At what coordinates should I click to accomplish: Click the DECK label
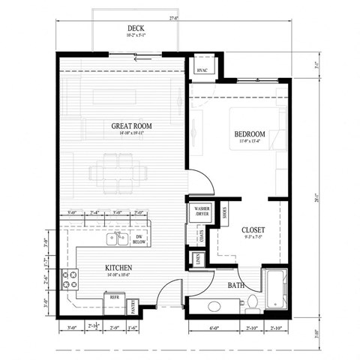pos(136,29)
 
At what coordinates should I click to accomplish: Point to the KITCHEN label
pos(118,267)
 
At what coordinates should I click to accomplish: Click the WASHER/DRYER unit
pos(201,211)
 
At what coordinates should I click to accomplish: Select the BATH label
pos(235,286)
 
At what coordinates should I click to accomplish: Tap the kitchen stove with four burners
pos(70,280)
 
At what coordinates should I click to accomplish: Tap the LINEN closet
pos(196,260)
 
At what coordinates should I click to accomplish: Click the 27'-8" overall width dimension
pos(173,16)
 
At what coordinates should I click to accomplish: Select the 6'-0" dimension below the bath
pos(215,327)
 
